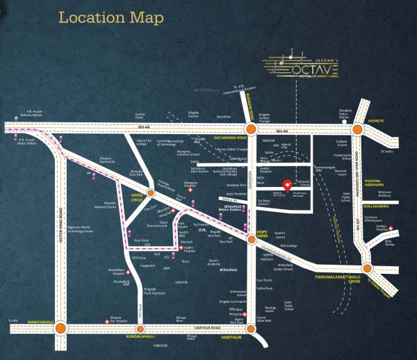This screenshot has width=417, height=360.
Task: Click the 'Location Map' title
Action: pos(111,17)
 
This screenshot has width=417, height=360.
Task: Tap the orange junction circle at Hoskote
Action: pos(358,129)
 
